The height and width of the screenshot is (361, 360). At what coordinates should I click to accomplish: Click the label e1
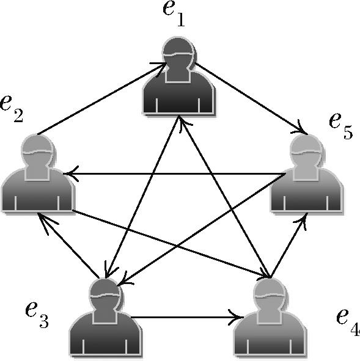point(174,15)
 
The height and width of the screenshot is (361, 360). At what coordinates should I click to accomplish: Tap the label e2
point(12,109)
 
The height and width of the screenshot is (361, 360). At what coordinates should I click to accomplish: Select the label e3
point(37,315)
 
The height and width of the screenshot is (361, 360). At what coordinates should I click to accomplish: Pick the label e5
point(341,127)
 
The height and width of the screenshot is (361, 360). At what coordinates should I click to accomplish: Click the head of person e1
point(178,54)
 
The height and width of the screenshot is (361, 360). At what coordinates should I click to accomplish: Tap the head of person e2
point(37,153)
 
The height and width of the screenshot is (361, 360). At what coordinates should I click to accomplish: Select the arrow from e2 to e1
point(102,98)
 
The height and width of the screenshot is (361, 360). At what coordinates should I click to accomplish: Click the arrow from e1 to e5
point(251,98)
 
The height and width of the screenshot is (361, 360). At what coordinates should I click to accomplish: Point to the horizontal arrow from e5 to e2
point(174,174)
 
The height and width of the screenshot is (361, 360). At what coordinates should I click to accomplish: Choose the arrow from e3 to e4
point(187,318)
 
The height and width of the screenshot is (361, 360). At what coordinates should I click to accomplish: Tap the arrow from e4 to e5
point(289,244)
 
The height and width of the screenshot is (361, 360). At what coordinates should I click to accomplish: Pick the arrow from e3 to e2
point(68,245)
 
